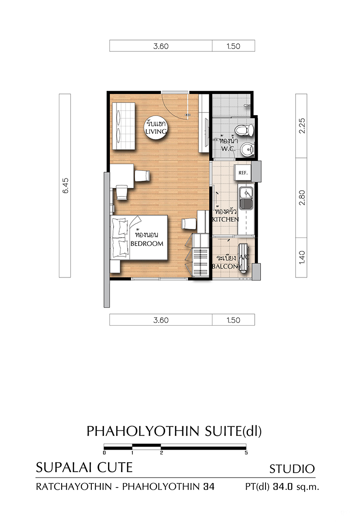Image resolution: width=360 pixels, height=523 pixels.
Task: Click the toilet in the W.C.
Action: click(x=245, y=130)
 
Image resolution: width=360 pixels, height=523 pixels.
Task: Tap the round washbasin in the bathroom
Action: click(x=247, y=149)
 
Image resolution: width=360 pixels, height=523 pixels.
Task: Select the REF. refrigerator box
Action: click(x=243, y=173)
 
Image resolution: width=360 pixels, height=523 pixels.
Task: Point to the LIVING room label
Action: click(x=156, y=131)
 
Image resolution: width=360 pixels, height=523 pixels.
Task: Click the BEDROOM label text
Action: click(x=147, y=243)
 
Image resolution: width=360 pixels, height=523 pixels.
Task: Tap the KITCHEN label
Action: click(x=225, y=219)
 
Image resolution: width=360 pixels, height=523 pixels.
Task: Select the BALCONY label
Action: click(x=227, y=266)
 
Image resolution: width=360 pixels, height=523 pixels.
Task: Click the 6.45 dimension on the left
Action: click(x=65, y=185)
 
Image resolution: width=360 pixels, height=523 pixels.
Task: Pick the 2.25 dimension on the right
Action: click(x=301, y=126)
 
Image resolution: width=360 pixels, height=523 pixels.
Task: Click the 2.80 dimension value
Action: click(x=301, y=197)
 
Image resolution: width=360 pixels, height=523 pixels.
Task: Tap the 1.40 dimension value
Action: click(x=301, y=258)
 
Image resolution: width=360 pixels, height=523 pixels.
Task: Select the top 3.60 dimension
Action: click(x=161, y=46)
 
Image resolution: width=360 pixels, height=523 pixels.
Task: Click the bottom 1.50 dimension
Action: click(x=233, y=320)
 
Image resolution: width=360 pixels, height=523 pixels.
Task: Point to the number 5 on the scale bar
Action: click(x=246, y=453)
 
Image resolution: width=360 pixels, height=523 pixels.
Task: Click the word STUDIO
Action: click(x=292, y=469)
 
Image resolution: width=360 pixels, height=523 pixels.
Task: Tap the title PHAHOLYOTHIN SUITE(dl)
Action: click(x=174, y=431)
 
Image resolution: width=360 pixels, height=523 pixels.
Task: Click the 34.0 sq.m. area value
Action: click(x=296, y=487)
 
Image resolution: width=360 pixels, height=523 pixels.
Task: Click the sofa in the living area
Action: click(x=124, y=126)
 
